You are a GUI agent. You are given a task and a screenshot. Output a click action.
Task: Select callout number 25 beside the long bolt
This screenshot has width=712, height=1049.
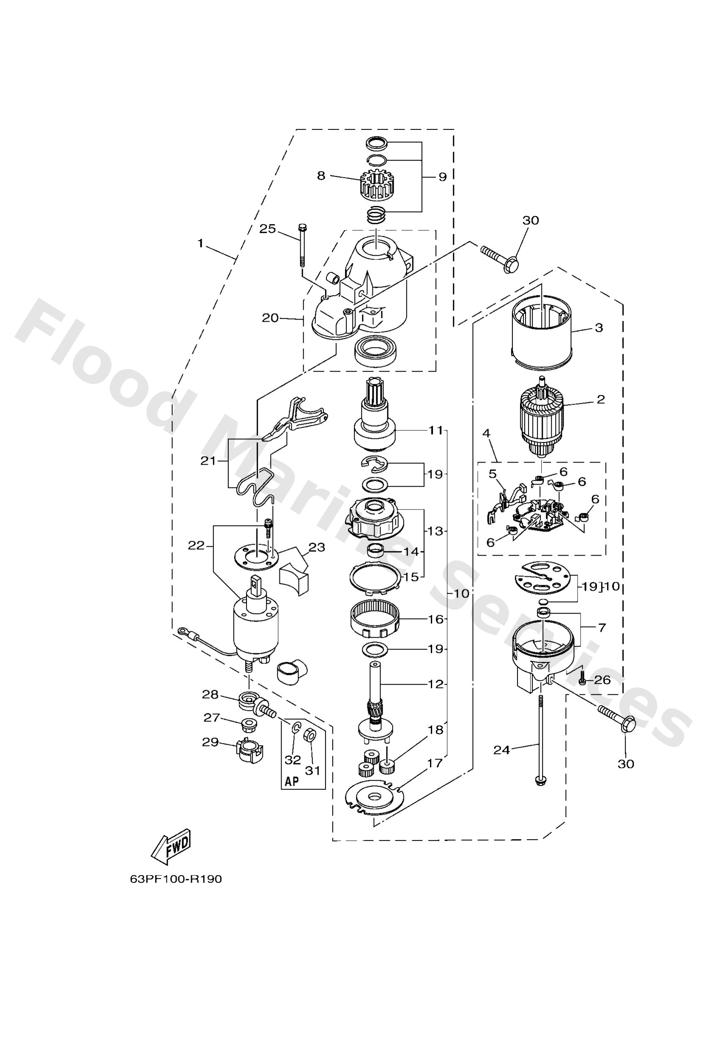click(x=267, y=229)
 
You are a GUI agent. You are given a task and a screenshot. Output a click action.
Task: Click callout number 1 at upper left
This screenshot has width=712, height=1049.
click(x=200, y=244)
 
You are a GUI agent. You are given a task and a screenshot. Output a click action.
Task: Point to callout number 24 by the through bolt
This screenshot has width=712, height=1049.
click(x=501, y=750)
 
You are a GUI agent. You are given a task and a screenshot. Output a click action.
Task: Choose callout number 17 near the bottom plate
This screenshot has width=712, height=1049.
click(x=435, y=763)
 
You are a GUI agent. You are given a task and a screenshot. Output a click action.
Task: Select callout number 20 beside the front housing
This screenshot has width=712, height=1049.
click(x=271, y=318)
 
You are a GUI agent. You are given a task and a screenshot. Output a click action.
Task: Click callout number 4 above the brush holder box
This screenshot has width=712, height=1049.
click(x=486, y=433)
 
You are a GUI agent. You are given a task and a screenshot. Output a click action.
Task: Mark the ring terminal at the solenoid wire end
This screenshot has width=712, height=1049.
click(x=183, y=629)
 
